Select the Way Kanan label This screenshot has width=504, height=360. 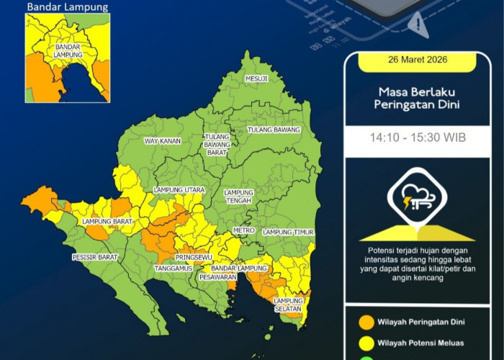[x=163, y=141]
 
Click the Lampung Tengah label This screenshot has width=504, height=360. [x=238, y=197]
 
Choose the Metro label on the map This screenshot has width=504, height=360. [x=243, y=230]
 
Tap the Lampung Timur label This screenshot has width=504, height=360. [x=287, y=232]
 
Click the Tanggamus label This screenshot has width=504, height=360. [x=172, y=269]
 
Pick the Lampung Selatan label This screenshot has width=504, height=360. [x=289, y=304]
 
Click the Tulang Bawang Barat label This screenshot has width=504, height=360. [x=217, y=144]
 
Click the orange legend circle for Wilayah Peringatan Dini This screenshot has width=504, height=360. [x=365, y=322]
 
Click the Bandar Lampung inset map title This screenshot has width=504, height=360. [x=68, y=7]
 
